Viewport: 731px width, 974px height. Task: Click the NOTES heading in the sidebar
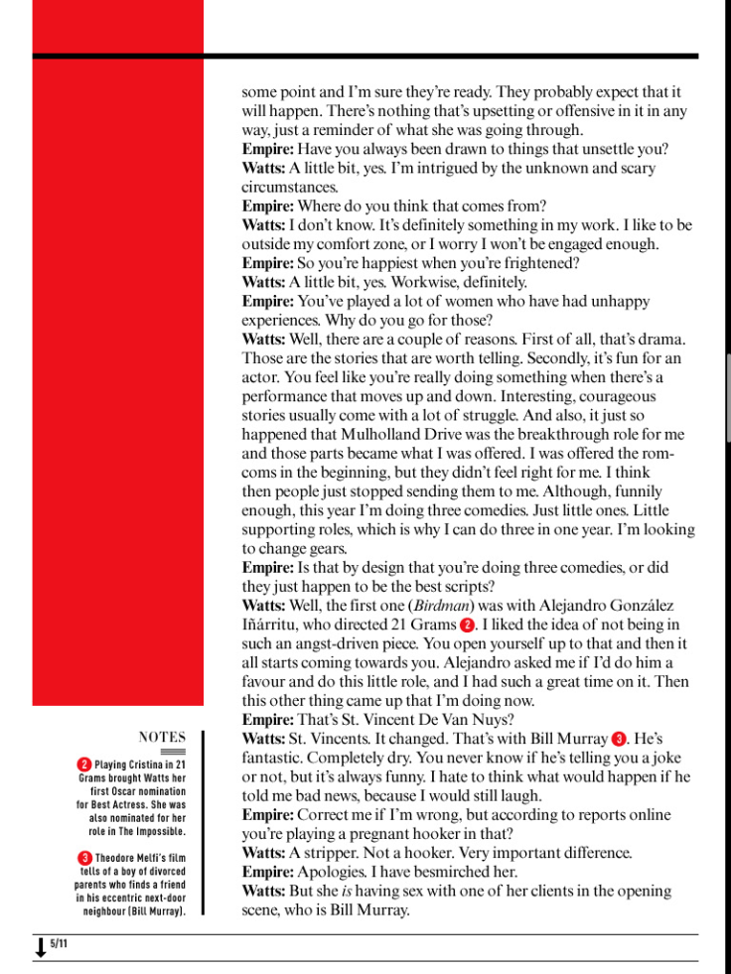click(162, 737)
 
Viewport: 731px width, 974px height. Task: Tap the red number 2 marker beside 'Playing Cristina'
click(83, 765)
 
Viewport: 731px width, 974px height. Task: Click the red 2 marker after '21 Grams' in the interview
click(467, 625)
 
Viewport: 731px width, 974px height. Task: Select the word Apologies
click(335, 872)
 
